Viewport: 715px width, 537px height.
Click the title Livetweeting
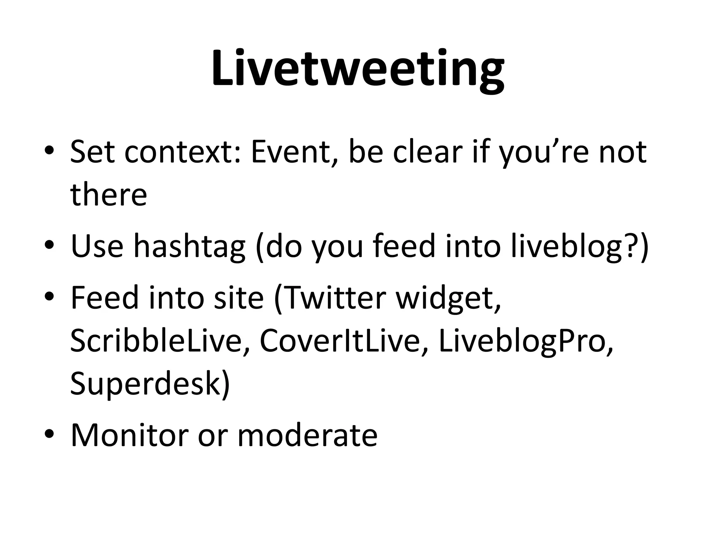(x=357, y=68)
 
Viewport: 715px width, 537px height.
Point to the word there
(x=109, y=194)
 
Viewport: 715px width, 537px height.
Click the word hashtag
(x=190, y=246)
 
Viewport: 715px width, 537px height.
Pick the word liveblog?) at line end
(x=580, y=246)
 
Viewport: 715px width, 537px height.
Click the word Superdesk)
(x=150, y=384)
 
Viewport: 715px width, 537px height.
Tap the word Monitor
(x=129, y=435)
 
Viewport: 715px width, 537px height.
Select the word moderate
(x=307, y=435)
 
